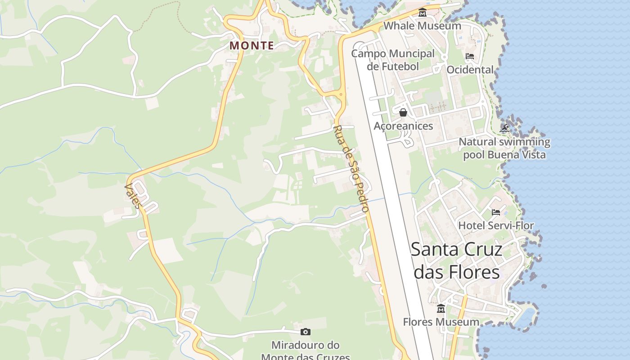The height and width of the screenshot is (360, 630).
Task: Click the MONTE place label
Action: pos(252,45)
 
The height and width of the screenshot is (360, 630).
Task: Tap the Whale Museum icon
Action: pos(422,13)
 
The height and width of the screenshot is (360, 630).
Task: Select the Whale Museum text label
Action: pos(422,26)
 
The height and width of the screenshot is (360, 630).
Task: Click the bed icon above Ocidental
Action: pos(470,57)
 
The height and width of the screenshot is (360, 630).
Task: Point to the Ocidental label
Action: pos(470,70)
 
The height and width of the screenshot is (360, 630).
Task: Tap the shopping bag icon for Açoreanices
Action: pos(403,112)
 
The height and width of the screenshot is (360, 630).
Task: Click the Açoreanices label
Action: pos(403,126)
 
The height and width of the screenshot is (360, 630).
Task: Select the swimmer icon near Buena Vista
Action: pos(504,129)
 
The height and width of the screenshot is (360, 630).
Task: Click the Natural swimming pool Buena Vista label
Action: pos(504,148)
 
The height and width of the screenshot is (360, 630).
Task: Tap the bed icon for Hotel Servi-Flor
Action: pos(496,212)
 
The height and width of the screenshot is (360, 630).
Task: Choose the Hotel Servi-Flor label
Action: pos(496,225)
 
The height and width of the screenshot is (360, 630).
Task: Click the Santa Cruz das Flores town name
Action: pos(456,261)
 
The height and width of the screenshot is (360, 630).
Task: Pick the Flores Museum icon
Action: pos(441,309)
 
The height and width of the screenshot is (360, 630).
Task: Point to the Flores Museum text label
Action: pos(441,322)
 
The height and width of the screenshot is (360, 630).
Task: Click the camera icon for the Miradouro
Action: pos(306,332)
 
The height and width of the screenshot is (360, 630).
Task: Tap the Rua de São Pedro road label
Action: pos(351,168)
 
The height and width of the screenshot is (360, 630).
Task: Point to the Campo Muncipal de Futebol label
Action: pos(393,60)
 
